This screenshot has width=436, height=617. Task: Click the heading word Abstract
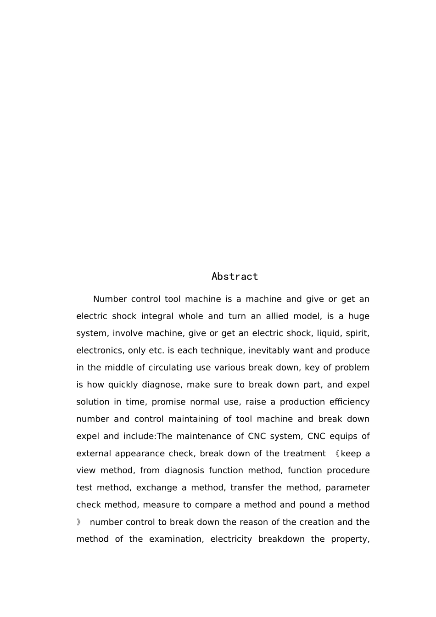(x=235, y=276)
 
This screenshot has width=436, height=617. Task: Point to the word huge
(x=359, y=316)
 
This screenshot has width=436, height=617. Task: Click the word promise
(x=168, y=402)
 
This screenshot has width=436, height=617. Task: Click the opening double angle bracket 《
(x=336, y=454)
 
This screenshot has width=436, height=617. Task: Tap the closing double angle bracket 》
(x=79, y=522)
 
